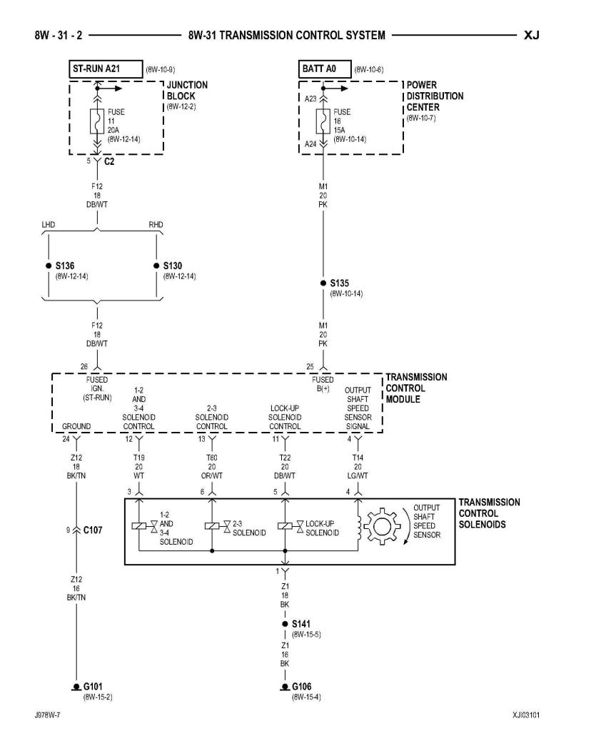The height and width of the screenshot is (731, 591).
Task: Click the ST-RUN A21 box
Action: [x=106, y=69]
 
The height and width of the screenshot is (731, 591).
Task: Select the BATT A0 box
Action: [x=324, y=69]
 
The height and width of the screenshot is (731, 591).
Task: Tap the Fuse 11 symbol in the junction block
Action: [x=97, y=121]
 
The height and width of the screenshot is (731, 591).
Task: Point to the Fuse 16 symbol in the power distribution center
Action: [x=323, y=121]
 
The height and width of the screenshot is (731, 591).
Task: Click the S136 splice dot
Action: [x=49, y=266]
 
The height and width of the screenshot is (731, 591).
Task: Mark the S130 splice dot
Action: [x=156, y=266]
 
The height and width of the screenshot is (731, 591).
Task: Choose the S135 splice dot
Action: [x=323, y=283]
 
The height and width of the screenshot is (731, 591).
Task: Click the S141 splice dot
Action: [x=285, y=624]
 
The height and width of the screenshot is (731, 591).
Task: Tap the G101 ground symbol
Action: [x=76, y=687]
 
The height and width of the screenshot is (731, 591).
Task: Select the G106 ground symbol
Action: [x=285, y=687]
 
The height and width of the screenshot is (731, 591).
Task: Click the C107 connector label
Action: [x=92, y=530]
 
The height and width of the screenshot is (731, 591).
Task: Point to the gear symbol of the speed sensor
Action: [x=382, y=527]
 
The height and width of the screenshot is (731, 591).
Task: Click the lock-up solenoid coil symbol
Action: [x=285, y=526]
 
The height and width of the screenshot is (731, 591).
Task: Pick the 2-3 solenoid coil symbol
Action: [x=212, y=526]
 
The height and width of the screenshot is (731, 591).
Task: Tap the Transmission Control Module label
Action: [x=416, y=388]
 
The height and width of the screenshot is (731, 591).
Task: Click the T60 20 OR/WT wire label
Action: [x=212, y=467]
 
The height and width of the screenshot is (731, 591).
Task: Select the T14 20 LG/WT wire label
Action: [x=358, y=467]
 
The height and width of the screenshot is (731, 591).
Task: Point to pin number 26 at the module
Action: [x=84, y=366]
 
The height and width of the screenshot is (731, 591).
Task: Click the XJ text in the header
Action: [x=531, y=36]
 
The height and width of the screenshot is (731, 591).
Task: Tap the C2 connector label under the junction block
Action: [x=109, y=162]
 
